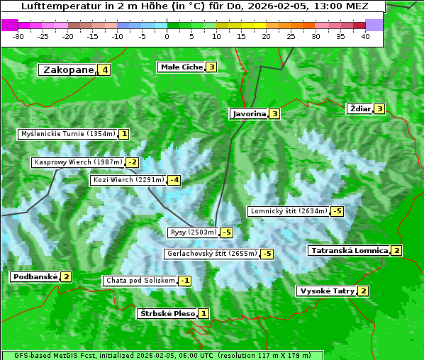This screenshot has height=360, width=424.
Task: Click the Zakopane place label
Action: coord(68,69)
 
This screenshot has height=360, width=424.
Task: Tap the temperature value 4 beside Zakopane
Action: coord(105,69)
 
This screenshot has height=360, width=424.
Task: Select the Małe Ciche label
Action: coord(182,67)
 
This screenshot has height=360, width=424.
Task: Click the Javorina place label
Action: coord(249,113)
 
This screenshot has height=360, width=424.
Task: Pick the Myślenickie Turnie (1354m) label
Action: coord(67,134)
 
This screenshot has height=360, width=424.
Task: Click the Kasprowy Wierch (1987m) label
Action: coord(79,162)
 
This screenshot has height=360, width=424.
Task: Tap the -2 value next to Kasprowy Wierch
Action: coord(133,162)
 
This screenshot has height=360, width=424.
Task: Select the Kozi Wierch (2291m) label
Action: coord(128,180)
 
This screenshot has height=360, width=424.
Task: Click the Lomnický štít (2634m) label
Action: coord(289,211)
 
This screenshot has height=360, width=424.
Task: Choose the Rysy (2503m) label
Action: coord(193,232)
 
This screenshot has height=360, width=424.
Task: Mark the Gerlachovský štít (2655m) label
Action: coord(211,254)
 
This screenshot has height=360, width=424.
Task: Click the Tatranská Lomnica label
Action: coord(350,251)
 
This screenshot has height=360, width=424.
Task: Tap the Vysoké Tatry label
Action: coord(327,291)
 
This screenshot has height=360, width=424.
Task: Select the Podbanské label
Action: coord(35,277)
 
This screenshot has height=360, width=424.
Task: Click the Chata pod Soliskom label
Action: coord(139,281)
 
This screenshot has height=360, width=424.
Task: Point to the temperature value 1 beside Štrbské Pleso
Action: coord(203,314)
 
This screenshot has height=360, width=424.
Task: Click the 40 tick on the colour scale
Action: coord(365,36)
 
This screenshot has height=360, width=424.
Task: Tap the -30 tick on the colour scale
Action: coord(18,36)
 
